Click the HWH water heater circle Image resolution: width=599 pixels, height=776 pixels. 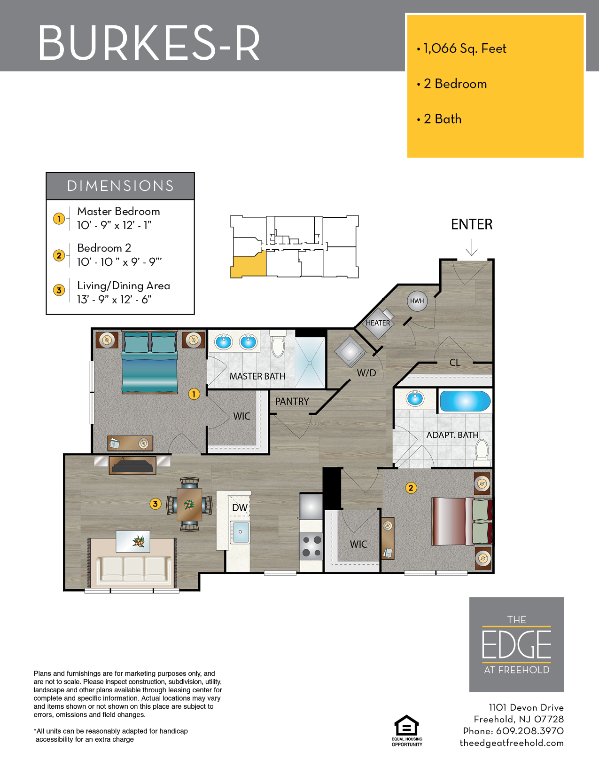417,301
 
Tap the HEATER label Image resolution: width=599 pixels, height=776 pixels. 378,323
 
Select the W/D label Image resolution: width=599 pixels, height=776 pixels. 366,373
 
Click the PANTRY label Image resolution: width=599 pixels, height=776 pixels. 292,401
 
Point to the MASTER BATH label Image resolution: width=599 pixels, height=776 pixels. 257,376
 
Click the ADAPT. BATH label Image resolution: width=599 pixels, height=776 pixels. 452,435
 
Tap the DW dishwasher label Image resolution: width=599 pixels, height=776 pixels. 240,507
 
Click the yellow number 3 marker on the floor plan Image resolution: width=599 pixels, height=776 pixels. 155,504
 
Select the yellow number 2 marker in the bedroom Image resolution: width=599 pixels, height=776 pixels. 411,488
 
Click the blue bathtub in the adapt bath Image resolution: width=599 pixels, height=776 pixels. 465,401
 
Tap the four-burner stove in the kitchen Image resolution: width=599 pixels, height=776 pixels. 311,546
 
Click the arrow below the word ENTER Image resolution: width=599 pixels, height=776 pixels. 472,247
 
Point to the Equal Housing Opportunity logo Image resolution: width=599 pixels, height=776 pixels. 407,730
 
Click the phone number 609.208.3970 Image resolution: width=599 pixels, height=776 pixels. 529,731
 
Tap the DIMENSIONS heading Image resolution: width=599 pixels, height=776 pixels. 120,186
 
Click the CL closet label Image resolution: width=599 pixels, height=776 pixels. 454,363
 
